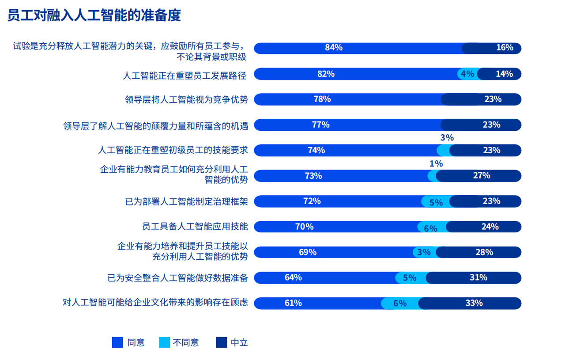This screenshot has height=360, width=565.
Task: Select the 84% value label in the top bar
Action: [x=334, y=48]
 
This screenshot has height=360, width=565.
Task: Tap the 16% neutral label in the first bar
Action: [x=505, y=48]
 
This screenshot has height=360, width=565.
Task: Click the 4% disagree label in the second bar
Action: [x=467, y=74]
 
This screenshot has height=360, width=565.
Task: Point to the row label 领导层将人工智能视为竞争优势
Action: [x=186, y=100]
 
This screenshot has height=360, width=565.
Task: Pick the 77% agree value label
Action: [x=320, y=125]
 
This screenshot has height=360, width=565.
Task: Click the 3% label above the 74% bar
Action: [x=447, y=138]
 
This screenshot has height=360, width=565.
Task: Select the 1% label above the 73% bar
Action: [x=436, y=164]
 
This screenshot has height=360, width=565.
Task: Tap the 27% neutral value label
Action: [x=482, y=175]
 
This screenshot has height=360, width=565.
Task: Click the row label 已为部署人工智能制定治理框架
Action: [x=186, y=202]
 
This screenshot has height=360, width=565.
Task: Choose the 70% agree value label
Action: [x=305, y=227]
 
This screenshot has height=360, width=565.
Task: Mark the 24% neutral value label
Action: [x=490, y=227]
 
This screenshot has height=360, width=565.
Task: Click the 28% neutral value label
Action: [x=484, y=252]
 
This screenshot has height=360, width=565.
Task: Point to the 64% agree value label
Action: [x=293, y=277]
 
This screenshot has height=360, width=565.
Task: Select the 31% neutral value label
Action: [x=478, y=277]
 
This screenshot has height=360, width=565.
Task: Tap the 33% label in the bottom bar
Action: [x=474, y=303]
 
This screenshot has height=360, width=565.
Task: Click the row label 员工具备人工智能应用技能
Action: [x=195, y=227]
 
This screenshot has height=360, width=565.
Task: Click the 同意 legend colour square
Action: [x=117, y=342]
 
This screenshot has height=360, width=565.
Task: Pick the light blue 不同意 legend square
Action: [x=165, y=342]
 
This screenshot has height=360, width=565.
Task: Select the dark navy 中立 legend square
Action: [x=222, y=342]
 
